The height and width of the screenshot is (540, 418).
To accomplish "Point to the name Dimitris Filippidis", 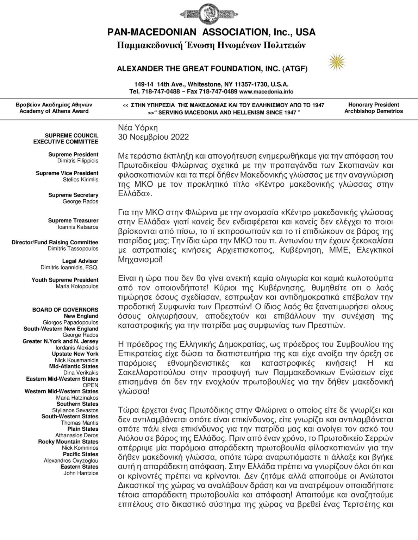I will point(78,161).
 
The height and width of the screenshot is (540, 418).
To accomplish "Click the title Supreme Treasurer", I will point(73,220).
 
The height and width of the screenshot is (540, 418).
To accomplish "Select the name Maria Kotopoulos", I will point(77,287).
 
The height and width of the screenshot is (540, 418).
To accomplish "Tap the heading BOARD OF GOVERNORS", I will point(65,310).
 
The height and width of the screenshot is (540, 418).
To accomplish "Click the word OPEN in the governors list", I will point(91,385).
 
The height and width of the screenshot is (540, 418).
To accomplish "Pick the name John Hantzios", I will point(81,473).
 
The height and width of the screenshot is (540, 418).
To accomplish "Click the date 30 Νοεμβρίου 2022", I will point(154,137).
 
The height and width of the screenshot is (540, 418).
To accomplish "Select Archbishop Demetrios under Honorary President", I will point(374,111).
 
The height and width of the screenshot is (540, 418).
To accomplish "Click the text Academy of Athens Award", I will point(54,111).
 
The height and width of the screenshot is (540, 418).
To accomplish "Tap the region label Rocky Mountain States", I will point(68,442).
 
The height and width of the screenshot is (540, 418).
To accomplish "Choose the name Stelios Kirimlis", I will point(78,180).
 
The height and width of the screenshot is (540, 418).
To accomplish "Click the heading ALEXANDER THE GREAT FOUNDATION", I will point(212,69).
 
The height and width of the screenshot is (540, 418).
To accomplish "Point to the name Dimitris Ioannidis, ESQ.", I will point(70,268).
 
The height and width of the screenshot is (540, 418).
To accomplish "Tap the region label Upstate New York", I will point(75,354).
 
